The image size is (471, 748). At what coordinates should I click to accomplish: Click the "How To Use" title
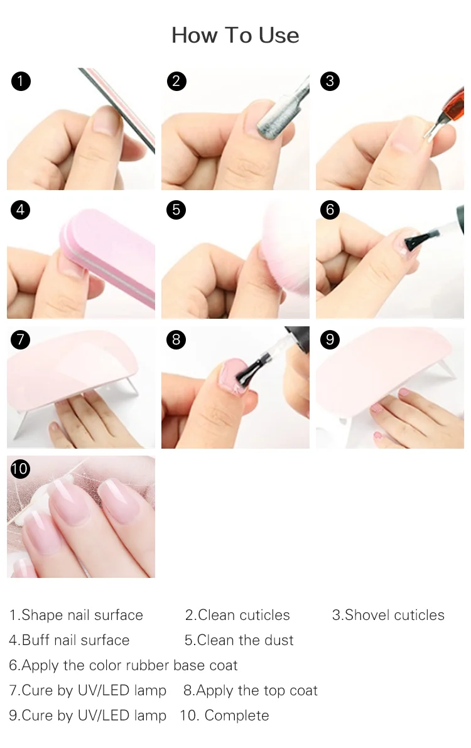click(x=235, y=35)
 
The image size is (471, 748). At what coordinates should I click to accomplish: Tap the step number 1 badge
click(x=21, y=81)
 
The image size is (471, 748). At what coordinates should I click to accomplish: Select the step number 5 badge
click(x=176, y=210)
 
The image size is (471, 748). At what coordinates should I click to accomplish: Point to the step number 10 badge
click(x=19, y=469)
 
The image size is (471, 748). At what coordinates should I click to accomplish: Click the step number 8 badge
click(x=176, y=339)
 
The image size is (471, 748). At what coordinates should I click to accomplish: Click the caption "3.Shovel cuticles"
click(x=388, y=615)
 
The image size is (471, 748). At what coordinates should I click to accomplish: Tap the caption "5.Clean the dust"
click(x=239, y=639)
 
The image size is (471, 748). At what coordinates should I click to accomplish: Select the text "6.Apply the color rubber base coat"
click(x=123, y=665)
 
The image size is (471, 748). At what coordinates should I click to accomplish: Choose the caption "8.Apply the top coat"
click(x=251, y=690)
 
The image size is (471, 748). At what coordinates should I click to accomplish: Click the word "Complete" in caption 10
click(x=237, y=715)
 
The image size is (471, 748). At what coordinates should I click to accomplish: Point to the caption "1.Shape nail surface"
click(x=77, y=615)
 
